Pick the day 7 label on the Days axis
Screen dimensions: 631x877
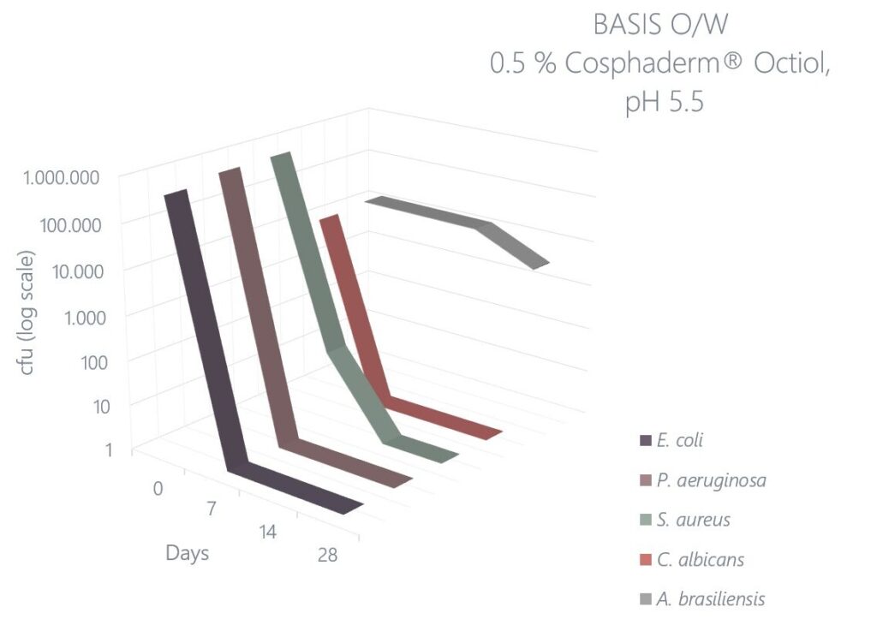point(211,509)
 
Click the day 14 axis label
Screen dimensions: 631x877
point(268,532)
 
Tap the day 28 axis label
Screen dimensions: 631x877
point(325,555)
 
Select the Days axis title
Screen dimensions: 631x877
point(188,553)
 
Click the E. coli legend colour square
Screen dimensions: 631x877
point(646,441)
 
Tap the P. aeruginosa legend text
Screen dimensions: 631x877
point(711,480)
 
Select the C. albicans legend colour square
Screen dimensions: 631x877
point(646,560)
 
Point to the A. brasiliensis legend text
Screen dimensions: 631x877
point(710,599)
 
